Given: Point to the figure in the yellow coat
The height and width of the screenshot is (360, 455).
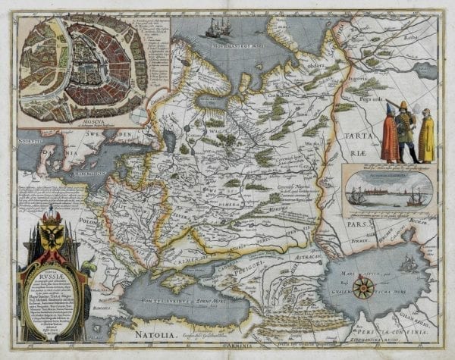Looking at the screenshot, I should point(426,137).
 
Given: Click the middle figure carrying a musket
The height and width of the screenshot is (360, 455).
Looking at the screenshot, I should point(406,133).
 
